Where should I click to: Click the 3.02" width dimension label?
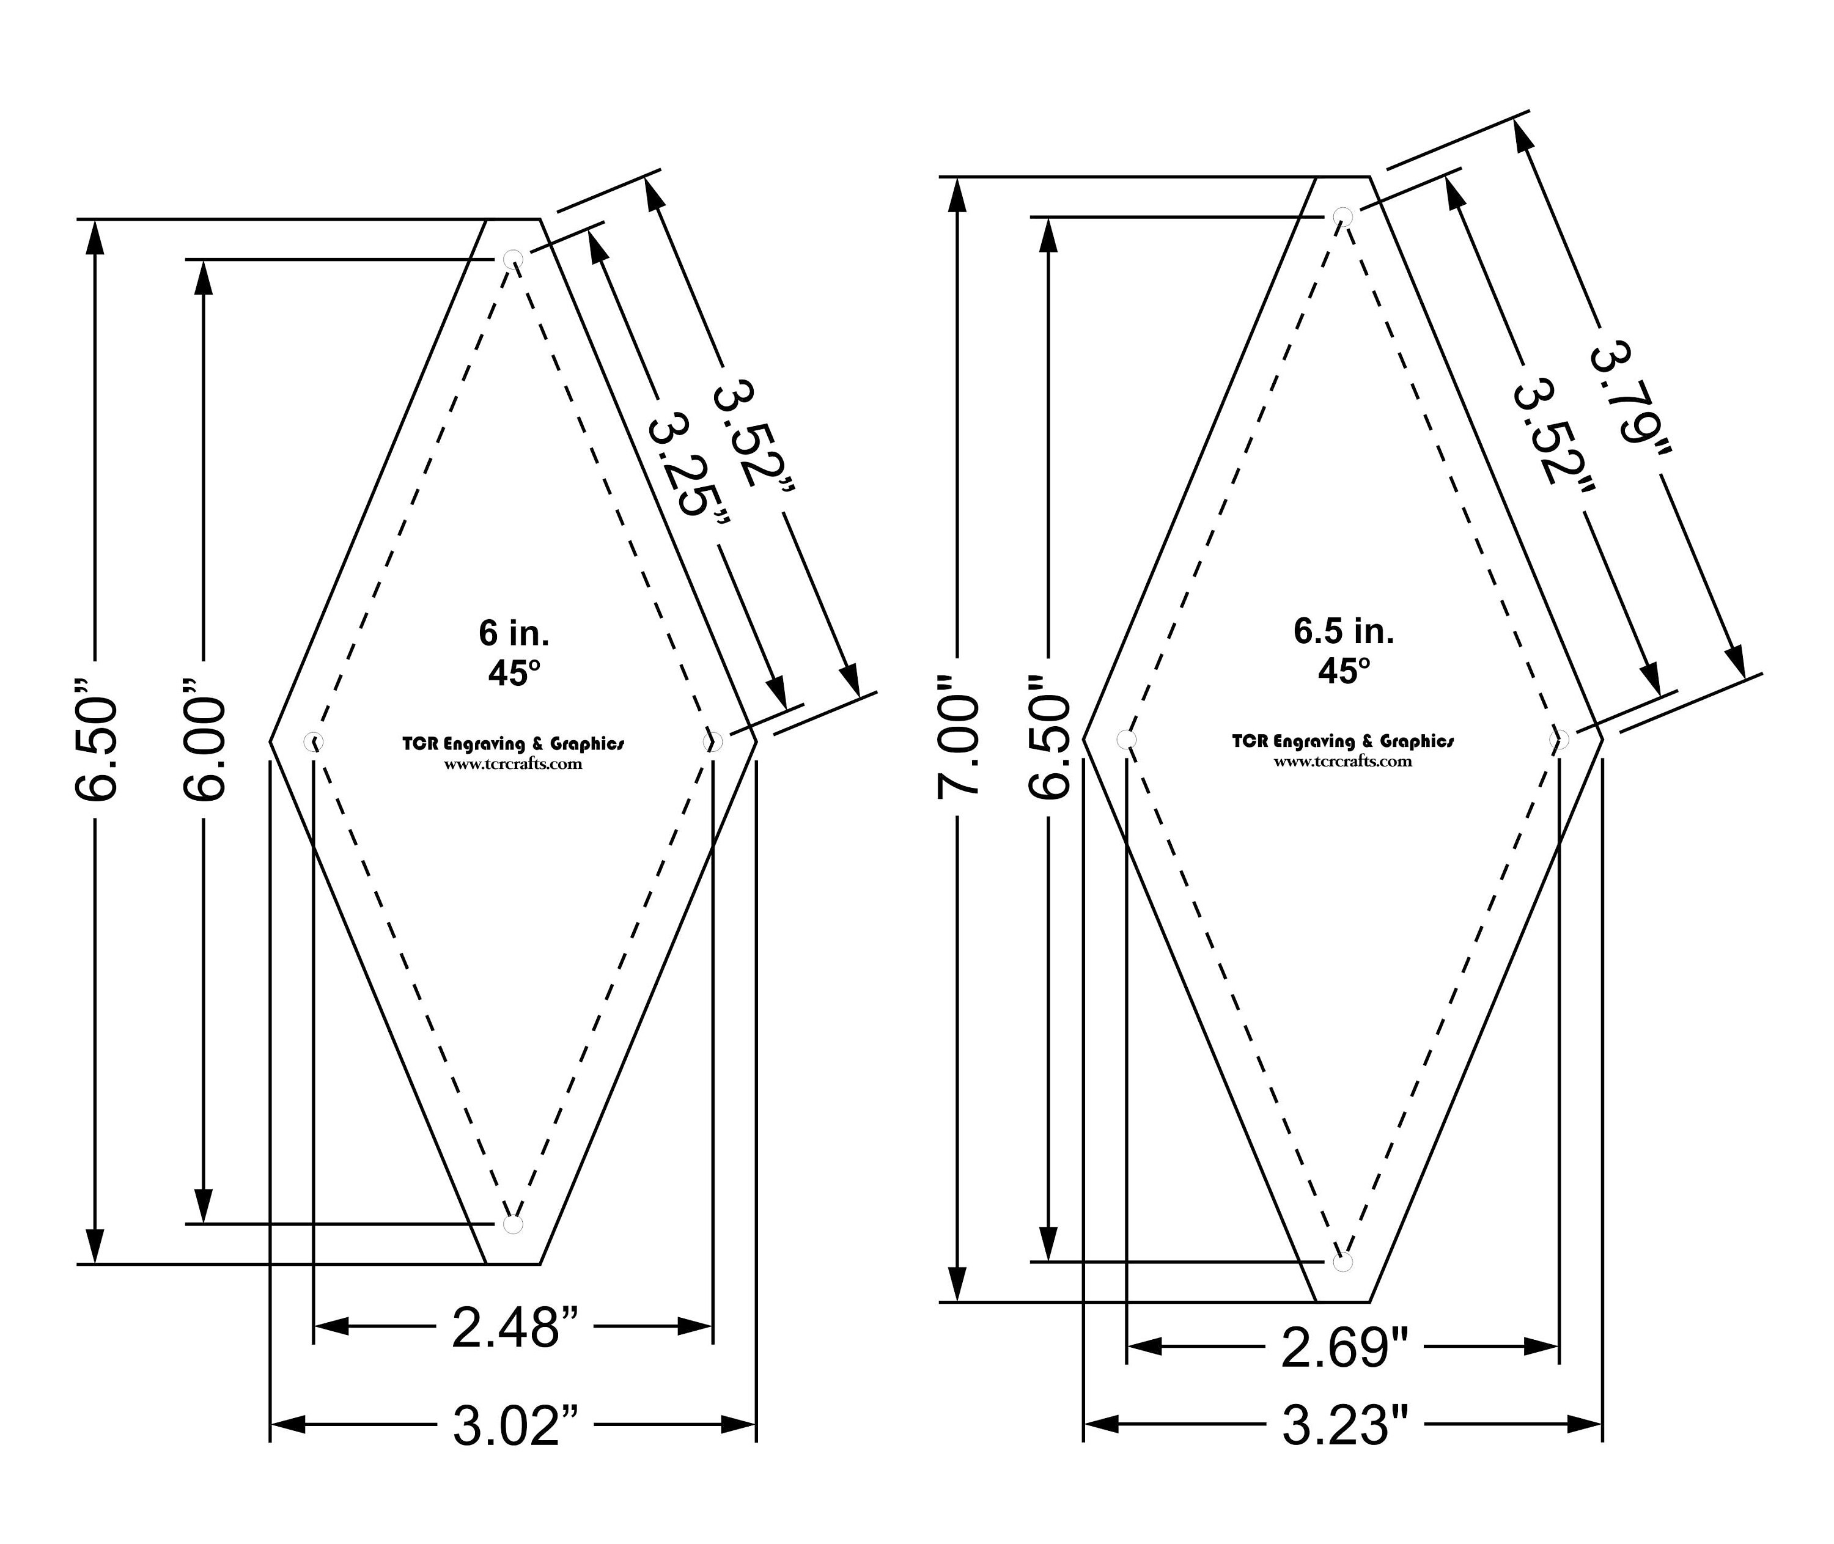point(515,1425)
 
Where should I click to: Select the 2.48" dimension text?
point(515,1327)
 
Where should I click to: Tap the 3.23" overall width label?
point(1345,1425)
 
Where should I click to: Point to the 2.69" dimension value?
point(1345,1347)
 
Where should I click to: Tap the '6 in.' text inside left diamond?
point(514,633)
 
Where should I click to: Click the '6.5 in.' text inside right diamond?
point(1344,631)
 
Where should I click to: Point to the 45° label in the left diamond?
point(514,673)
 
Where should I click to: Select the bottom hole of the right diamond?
point(1344,1262)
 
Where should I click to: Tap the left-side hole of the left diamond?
point(314,742)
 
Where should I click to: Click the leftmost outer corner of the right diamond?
point(1085,740)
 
